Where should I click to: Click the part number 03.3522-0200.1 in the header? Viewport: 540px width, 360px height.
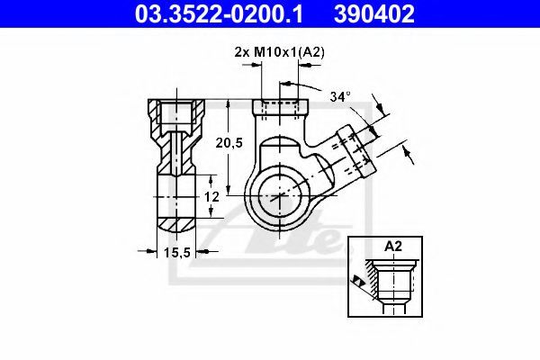(219, 13)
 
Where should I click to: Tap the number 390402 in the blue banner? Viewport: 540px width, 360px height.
(374, 13)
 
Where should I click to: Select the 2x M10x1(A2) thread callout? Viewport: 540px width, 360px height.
(279, 52)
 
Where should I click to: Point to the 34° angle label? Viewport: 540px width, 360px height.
(340, 96)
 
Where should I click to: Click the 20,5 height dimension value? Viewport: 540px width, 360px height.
(229, 142)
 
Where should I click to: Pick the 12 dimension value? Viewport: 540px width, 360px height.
(211, 197)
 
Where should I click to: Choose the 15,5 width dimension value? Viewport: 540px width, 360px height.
(177, 253)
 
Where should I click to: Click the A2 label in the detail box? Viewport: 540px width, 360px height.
(393, 247)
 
